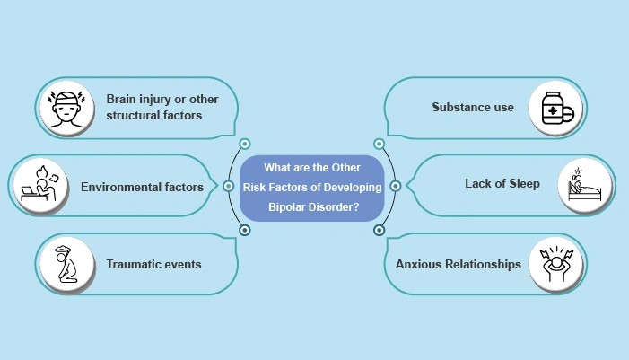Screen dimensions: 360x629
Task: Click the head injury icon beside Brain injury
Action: [x=66, y=106]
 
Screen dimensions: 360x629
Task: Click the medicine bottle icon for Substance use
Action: [x=555, y=108]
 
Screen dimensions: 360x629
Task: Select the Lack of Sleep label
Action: [x=502, y=184]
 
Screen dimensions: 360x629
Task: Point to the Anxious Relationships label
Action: [x=458, y=265]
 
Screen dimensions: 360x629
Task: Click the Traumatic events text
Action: [x=153, y=265]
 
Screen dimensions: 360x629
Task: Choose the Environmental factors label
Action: [x=142, y=188]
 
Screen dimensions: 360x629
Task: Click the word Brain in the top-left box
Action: [x=122, y=98]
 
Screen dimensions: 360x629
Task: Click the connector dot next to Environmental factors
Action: [x=226, y=187]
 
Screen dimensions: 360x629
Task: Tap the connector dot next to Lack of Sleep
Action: [x=396, y=187]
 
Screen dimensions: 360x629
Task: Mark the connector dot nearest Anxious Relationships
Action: [x=379, y=230]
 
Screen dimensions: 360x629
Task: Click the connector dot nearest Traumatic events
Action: [x=244, y=230]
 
